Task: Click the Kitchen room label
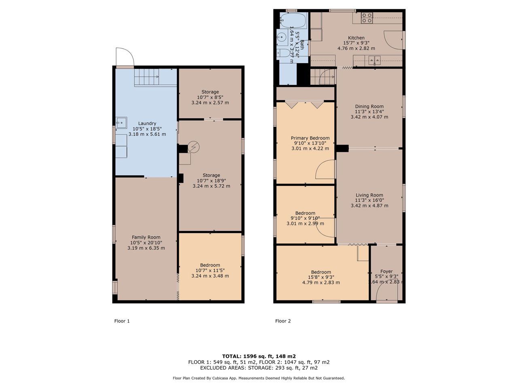356,38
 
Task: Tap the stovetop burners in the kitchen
367,18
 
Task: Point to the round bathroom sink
281,37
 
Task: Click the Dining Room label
369,107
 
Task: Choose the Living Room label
369,195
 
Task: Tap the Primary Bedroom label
310,138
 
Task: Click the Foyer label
386,271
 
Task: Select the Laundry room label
147,123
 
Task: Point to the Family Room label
146,237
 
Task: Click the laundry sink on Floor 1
121,123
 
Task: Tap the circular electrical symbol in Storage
193,147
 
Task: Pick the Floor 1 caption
122,321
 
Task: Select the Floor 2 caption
283,321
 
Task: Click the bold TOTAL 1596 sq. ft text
259,356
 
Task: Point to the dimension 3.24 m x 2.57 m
210,103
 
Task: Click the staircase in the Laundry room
155,77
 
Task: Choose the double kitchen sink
374,60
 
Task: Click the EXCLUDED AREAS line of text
259,368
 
